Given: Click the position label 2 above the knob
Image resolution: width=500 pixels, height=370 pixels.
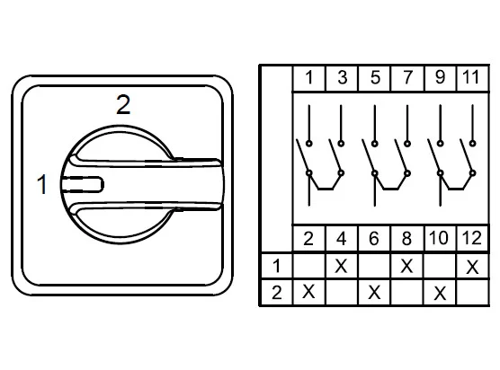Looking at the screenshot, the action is [123, 104].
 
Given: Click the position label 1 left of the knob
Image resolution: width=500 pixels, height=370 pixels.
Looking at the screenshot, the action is [42, 184].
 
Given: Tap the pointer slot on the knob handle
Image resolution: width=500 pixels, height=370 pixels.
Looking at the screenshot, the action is [83, 184].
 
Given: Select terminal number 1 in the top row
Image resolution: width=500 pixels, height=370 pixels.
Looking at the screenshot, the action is [308, 77].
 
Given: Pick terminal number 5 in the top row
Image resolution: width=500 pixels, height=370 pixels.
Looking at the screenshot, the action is [375, 77].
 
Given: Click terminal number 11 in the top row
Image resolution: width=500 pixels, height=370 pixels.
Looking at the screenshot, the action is [471, 77].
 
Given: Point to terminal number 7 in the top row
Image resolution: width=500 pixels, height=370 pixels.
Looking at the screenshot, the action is [407, 77].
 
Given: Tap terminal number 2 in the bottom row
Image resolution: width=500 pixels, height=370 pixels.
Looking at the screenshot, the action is [308, 239].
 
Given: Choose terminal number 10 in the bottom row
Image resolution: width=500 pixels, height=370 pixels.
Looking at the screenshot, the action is [439, 238].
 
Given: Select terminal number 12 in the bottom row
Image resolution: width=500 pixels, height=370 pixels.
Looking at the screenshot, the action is [471, 238].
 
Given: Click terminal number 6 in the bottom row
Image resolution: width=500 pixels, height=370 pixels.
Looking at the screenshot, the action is [374, 239].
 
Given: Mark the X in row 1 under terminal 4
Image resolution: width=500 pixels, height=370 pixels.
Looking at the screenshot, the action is [341, 266].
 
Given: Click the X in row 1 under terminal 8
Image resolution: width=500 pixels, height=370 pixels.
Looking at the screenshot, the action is [406, 266].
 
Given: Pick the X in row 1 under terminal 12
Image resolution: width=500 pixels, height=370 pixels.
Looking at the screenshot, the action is [472, 267].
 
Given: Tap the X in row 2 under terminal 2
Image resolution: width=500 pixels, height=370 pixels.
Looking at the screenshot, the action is [308, 292].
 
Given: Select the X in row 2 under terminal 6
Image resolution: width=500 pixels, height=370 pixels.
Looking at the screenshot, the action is [374, 292].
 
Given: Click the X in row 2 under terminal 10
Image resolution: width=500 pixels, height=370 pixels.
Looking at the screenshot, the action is [440, 293].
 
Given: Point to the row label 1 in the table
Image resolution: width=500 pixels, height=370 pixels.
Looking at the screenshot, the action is [276, 266].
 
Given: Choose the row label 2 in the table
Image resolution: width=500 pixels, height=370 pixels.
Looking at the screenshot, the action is [276, 293].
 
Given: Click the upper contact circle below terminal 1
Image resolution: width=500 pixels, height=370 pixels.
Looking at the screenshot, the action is [309, 144].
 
